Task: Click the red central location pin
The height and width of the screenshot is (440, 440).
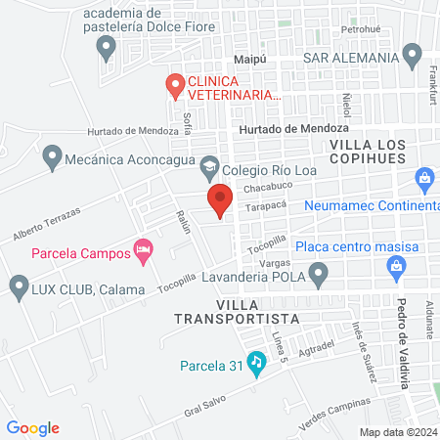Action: point(220,199)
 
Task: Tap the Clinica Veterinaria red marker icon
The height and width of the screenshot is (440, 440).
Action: point(175,86)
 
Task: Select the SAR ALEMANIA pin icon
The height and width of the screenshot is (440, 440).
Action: point(412,55)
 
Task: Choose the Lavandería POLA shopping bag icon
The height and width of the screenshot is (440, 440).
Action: point(397,265)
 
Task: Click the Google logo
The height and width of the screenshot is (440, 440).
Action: point(32,427)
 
